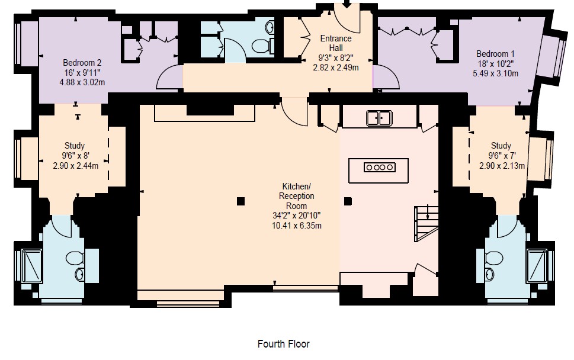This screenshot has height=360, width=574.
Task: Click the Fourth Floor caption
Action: [x=284, y=344]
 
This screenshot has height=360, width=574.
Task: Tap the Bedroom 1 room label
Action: [x=495, y=54]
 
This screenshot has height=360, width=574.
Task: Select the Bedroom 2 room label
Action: [x=82, y=63]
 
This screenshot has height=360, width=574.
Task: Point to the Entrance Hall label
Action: [x=336, y=43]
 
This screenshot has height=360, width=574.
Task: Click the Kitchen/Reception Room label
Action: [x=297, y=196]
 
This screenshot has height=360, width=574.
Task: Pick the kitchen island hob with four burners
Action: [x=380, y=167]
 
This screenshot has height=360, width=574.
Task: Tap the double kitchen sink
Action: [x=379, y=118]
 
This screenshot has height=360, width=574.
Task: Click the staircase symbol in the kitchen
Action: [x=427, y=223]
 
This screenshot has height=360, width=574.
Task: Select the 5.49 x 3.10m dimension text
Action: [x=495, y=73]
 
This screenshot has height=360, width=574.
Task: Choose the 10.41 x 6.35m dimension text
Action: [x=297, y=226]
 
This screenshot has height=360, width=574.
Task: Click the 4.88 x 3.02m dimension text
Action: [x=82, y=82]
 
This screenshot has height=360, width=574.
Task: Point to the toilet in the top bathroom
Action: [x=262, y=46]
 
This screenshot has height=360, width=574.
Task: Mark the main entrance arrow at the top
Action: [x=347, y=4]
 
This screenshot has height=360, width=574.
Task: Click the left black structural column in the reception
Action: [x=240, y=201]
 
